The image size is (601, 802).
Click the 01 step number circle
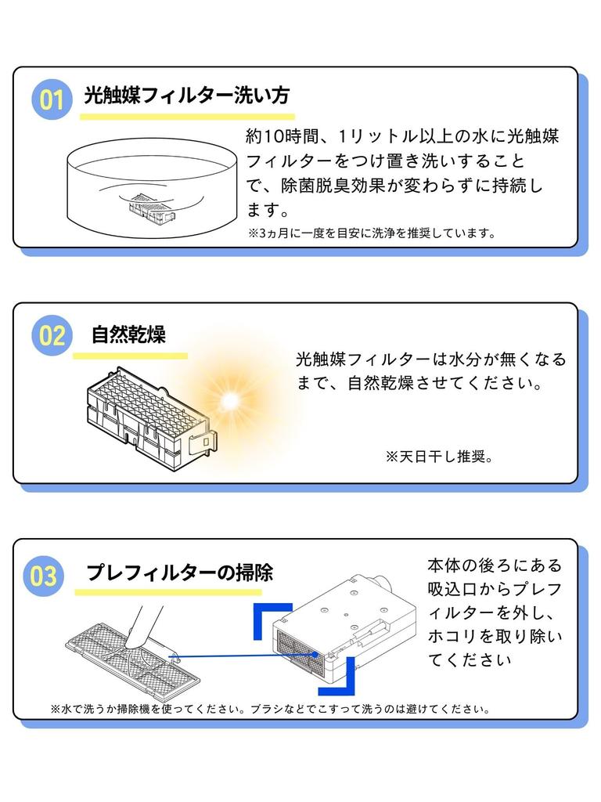coord(52,99)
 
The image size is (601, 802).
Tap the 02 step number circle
coord(52,335)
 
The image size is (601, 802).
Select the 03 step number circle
coord(44,576)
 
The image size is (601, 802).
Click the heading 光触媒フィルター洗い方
coord(187,95)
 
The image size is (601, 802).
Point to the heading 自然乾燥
coord(129,334)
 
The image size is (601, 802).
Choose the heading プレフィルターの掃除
coord(179,573)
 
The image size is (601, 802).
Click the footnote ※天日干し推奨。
coord(440,457)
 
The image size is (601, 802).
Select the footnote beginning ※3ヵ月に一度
coord(372,233)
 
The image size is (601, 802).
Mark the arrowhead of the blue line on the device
coord(315,654)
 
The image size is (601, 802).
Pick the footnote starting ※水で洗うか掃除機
coord(271,710)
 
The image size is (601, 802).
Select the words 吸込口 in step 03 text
coord(453,589)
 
